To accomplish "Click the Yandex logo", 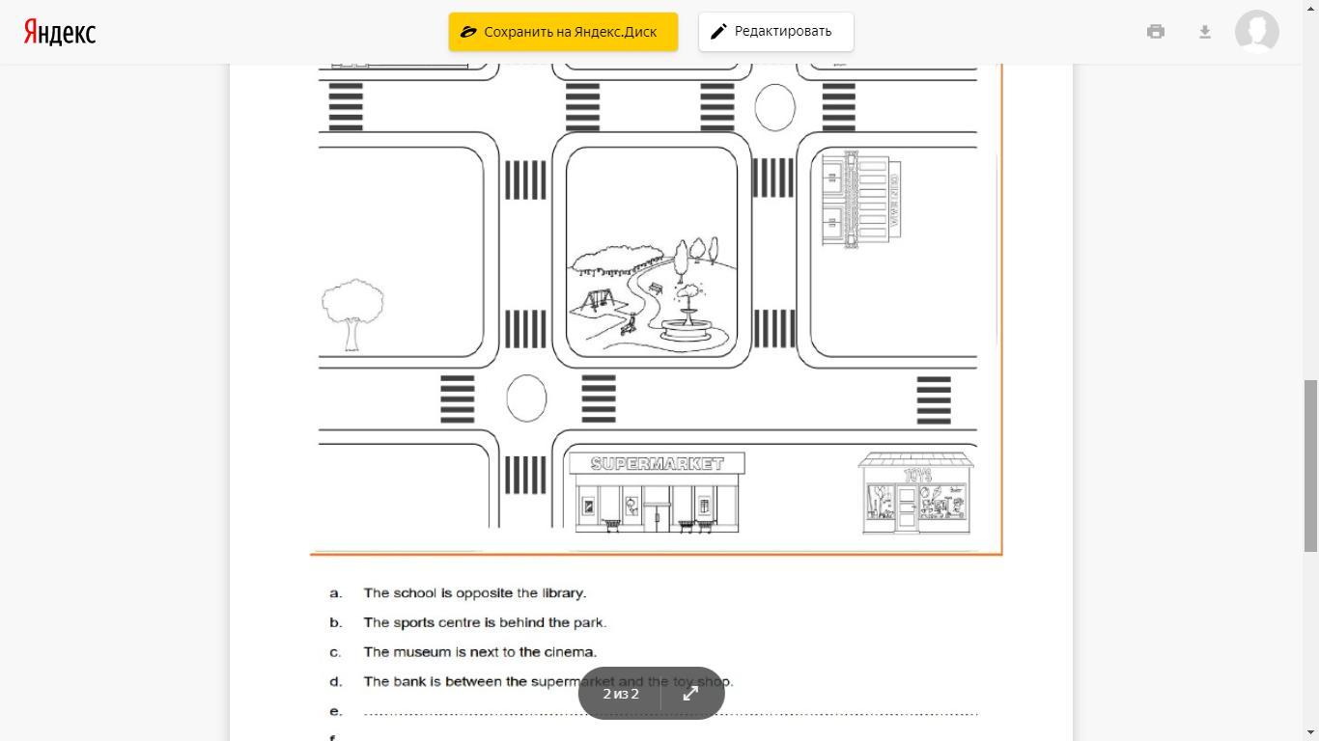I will tap(60, 32).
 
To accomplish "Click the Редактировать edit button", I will tap(775, 32).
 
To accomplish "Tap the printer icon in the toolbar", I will tap(1155, 32).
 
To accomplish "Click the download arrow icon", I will tap(1204, 32).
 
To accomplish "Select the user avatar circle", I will tap(1256, 32).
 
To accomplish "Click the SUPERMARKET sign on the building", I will tap(657, 464).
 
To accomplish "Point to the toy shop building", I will tap(915, 493).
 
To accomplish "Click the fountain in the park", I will tap(688, 317).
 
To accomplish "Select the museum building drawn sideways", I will tap(859, 200).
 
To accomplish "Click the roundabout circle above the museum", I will tap(774, 107).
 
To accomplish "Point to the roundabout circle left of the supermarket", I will tap(526, 398).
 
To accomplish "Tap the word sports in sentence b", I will tap(413, 623).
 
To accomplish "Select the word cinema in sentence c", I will tap(570, 652).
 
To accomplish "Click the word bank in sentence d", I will tap(409, 682).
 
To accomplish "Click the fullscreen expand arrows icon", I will tap(690, 694).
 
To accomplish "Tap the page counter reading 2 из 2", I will tap(621, 694).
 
